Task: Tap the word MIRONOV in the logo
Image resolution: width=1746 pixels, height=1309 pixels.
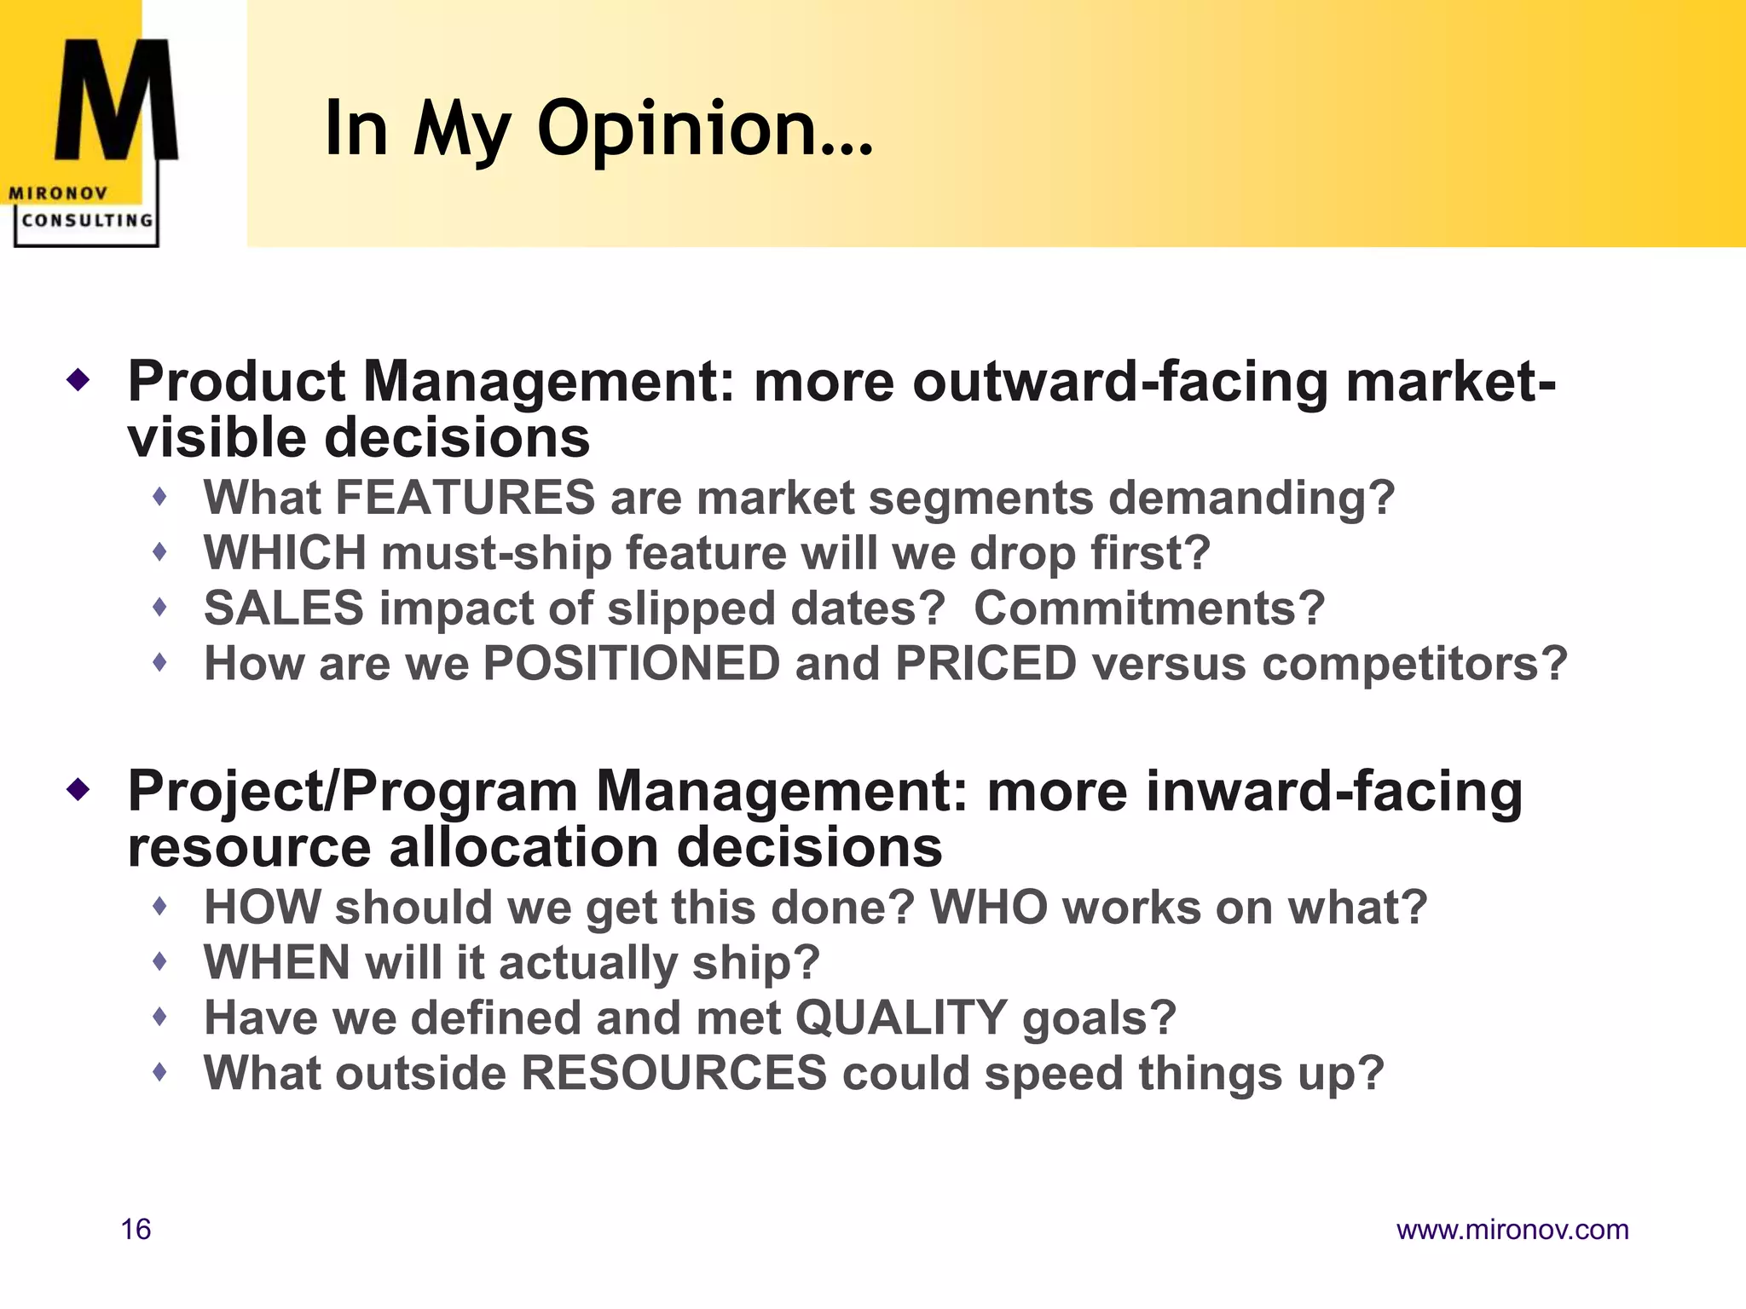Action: point(58,193)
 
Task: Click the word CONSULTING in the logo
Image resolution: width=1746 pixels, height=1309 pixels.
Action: point(87,220)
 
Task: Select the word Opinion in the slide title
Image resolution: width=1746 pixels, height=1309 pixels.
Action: point(704,130)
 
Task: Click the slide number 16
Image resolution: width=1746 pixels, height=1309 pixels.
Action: point(136,1229)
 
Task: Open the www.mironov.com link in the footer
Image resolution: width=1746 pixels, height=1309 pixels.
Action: point(1512,1229)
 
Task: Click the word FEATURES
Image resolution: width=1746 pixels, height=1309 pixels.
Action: point(465,498)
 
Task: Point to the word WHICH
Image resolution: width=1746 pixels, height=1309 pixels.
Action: point(285,553)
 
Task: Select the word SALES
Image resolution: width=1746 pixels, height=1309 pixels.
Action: point(284,608)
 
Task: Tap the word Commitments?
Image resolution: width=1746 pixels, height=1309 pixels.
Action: point(1149,608)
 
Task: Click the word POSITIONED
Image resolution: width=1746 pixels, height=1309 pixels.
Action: point(631,664)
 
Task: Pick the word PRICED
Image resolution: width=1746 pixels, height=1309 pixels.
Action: point(986,664)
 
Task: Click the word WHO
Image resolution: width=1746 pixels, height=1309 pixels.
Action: point(988,907)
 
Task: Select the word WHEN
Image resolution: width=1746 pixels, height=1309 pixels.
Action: point(277,962)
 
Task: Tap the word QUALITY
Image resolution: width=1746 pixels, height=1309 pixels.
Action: point(901,1018)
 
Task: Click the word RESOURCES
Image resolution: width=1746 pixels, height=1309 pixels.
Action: point(674,1073)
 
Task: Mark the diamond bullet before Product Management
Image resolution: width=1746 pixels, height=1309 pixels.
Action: point(78,379)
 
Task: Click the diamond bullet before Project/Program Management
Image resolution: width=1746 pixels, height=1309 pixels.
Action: point(78,789)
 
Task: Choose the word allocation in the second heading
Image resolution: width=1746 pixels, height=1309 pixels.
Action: point(523,848)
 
